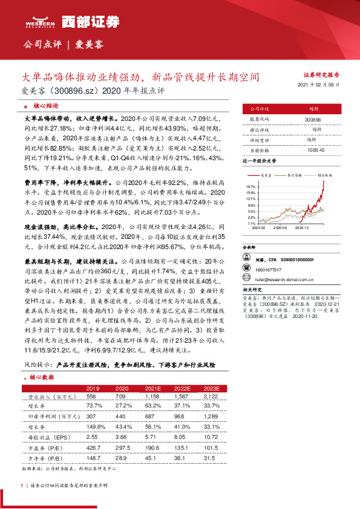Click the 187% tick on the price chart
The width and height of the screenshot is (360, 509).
(x=251, y=186)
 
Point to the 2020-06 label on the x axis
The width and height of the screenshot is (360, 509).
(x=280, y=228)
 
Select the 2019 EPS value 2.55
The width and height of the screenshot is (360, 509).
(x=93, y=435)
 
